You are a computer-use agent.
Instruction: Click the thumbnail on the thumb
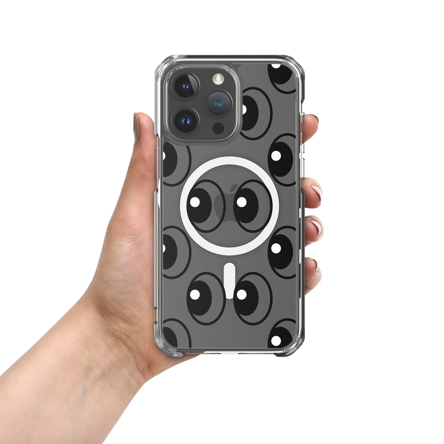tap(136, 128)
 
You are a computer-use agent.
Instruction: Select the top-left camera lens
tap(186, 85)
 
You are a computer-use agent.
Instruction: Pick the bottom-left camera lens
tap(186, 120)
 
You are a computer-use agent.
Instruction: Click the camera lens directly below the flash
tap(218, 103)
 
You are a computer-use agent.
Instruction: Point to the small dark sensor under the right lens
tap(218, 128)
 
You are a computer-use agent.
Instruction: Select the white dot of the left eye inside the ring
tap(195, 202)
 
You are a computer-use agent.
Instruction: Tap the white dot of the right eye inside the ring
tap(242, 202)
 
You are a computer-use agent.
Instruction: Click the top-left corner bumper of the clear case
tap(162, 65)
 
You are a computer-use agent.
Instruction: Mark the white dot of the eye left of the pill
tap(195, 294)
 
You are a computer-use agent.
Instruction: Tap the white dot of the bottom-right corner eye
tap(276, 341)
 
